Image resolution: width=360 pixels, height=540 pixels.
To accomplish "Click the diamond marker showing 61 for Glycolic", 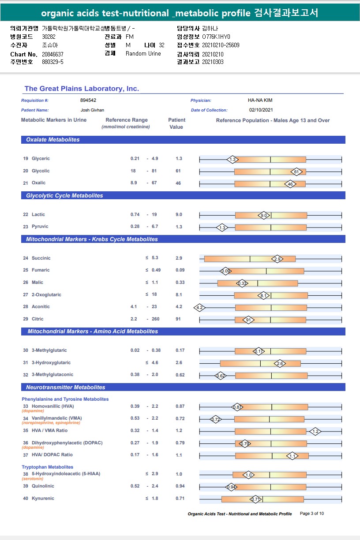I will [x=297, y=171].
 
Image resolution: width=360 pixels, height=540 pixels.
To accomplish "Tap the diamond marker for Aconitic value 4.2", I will [x=199, y=307].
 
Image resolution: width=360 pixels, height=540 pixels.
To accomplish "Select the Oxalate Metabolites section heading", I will [x=53, y=140].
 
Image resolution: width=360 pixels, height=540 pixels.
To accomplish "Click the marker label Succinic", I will [x=41, y=258].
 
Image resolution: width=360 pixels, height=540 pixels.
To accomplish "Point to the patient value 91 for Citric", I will [x=178, y=319].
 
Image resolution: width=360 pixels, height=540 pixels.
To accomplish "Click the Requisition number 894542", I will [x=88, y=101].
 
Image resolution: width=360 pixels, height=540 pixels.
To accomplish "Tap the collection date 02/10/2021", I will [x=261, y=110].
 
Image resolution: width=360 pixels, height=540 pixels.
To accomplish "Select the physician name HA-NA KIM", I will [x=260, y=101].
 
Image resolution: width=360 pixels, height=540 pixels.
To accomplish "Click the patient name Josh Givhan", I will [x=92, y=110].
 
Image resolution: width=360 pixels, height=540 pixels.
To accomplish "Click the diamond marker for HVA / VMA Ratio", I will [x=315, y=431].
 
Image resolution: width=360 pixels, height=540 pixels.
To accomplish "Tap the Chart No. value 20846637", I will [x=52, y=54].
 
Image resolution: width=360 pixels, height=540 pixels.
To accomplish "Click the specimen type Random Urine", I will [x=143, y=54].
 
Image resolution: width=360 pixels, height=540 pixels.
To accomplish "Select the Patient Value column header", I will [x=176, y=123].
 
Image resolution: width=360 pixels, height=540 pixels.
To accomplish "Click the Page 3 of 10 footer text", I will [x=312, y=514].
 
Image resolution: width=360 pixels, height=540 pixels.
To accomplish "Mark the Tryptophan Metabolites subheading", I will [x=48, y=467].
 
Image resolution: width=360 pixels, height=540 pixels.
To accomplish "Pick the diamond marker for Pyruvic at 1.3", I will [x=222, y=227].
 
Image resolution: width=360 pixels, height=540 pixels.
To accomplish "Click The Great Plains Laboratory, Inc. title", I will [x=82, y=89].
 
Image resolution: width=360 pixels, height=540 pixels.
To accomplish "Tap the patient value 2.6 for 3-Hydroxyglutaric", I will [x=179, y=362].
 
